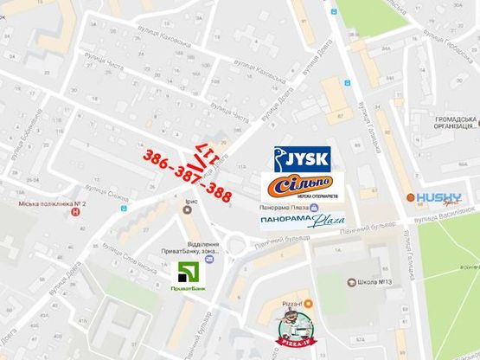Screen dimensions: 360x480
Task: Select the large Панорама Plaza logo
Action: (298, 222)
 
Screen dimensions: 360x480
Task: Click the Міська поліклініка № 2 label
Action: (51, 205)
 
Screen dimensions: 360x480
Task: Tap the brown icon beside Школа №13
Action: (349, 283)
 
